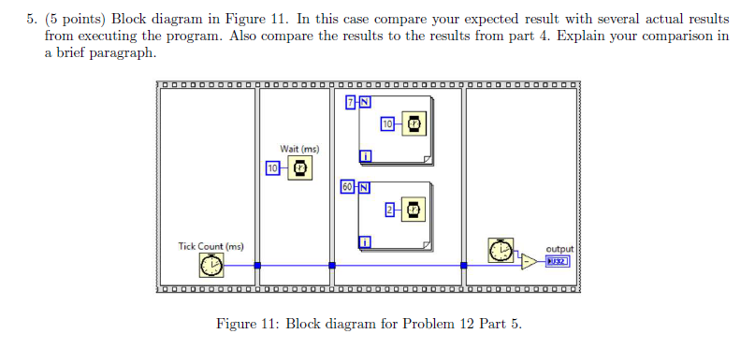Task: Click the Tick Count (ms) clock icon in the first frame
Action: (x=211, y=266)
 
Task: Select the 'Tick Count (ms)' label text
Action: (x=211, y=246)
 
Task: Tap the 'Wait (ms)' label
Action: (x=299, y=149)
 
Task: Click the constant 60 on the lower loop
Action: (x=347, y=186)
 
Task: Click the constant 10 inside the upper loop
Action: (x=386, y=124)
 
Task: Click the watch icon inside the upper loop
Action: (x=412, y=124)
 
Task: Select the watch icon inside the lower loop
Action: (x=412, y=210)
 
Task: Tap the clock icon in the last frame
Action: (x=501, y=251)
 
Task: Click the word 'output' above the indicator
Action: (x=558, y=249)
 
